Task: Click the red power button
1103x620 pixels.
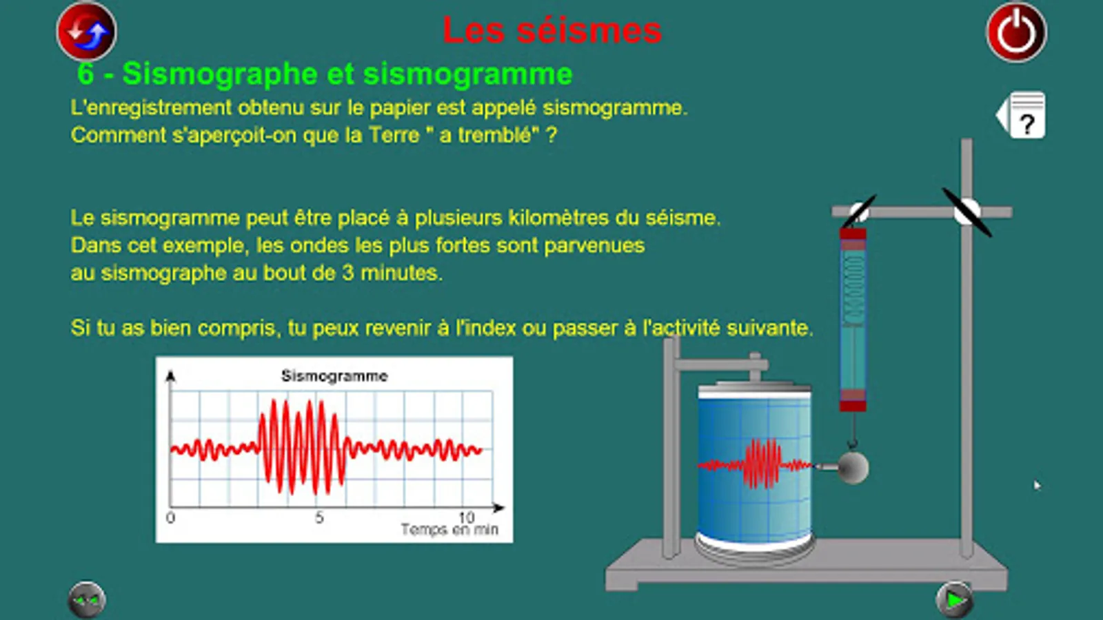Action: (1016, 32)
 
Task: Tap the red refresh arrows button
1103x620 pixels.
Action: (87, 32)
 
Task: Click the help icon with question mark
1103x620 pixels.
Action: (1021, 115)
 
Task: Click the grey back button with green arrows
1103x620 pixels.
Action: (87, 600)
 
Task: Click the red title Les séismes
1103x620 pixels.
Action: (552, 30)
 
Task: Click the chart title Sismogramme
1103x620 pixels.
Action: (334, 376)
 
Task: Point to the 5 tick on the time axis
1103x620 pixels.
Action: (320, 517)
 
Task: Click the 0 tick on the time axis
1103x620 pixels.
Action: (170, 517)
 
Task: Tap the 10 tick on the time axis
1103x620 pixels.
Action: (466, 517)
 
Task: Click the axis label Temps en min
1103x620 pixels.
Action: (449, 530)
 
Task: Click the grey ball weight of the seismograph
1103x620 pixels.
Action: (853, 467)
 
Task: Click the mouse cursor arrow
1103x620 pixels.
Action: (1038, 485)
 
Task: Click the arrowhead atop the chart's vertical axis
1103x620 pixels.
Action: (170, 376)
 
